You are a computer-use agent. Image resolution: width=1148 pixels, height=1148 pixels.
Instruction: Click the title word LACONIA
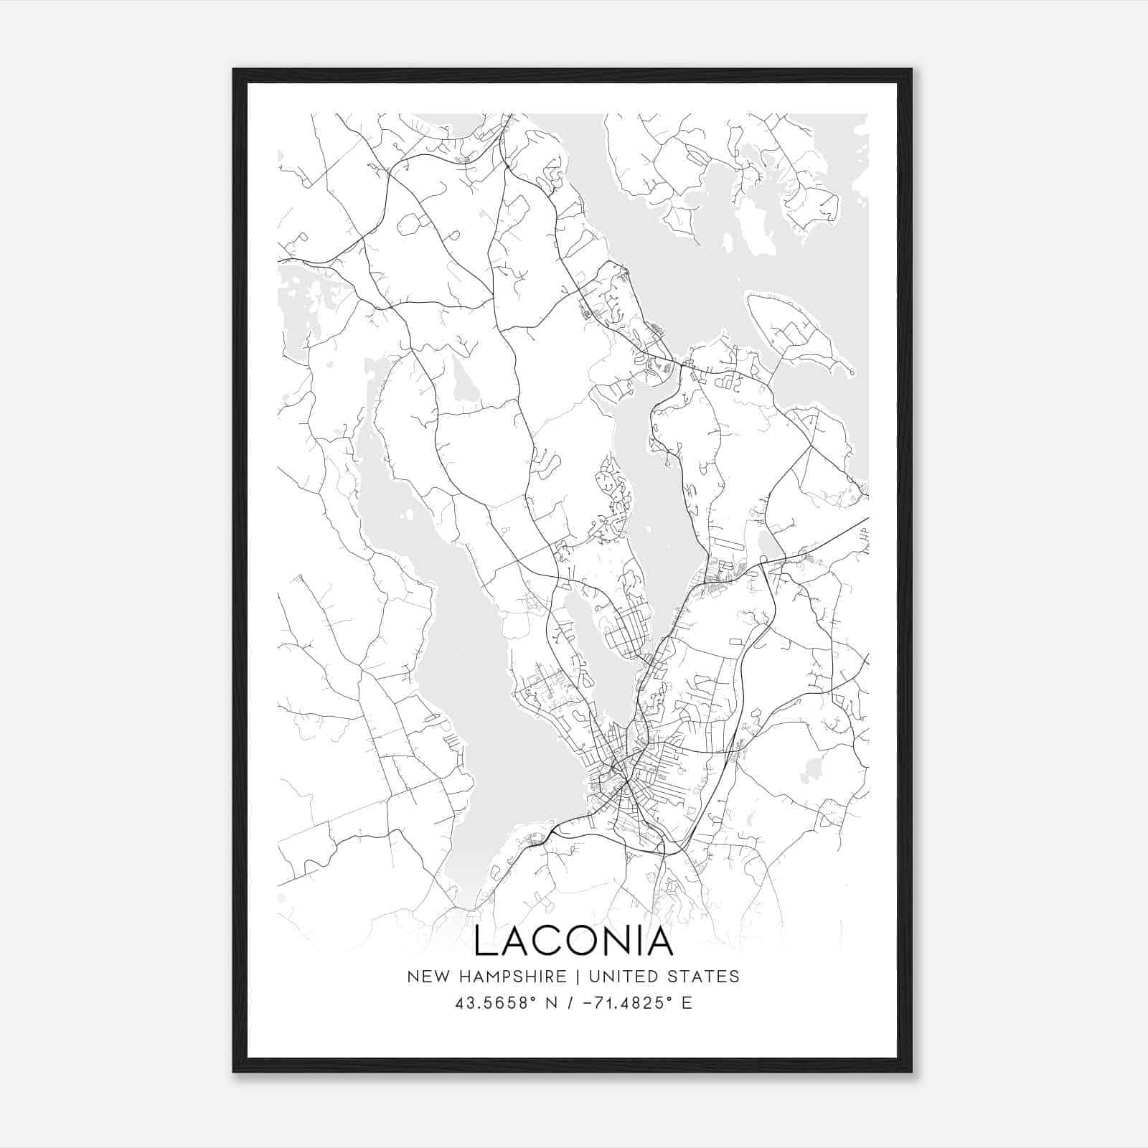click(x=573, y=941)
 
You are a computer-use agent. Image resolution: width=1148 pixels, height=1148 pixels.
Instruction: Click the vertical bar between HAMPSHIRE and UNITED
click(x=587, y=976)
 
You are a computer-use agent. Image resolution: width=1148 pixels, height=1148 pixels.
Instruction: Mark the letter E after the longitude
click(x=687, y=1002)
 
